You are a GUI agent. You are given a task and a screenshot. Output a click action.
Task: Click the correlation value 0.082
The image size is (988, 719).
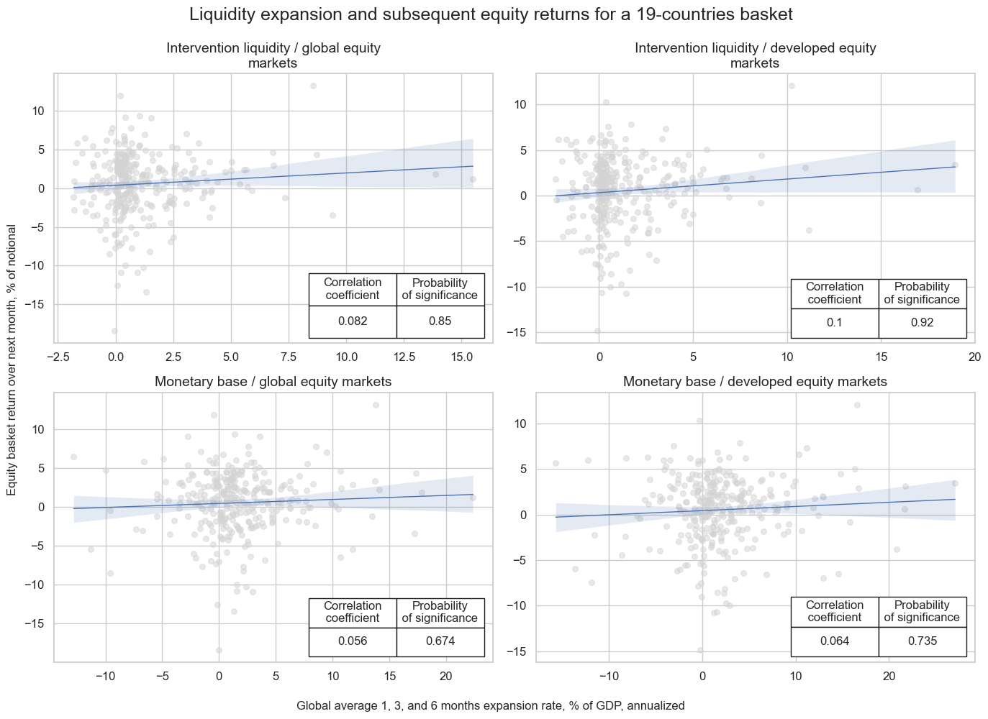point(353,321)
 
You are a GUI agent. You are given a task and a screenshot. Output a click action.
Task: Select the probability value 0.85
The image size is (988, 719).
point(440,321)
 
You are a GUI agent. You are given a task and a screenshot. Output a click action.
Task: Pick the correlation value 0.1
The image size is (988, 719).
point(834,322)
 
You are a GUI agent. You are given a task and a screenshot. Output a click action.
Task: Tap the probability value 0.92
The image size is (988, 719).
point(922,322)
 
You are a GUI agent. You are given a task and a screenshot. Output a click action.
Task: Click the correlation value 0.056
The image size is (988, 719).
point(353,641)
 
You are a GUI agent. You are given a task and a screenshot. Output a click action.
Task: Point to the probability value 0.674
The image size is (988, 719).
point(440,641)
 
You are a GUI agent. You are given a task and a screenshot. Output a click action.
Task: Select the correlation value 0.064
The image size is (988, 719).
point(834,641)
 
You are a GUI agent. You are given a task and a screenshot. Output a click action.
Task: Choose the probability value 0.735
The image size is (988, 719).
point(922,641)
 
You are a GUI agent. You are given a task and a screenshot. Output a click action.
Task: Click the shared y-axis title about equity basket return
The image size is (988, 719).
point(12,359)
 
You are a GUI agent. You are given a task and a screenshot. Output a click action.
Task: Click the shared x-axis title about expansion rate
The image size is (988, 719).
point(490,705)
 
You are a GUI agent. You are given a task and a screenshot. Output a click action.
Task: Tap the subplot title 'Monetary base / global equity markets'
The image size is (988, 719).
point(273,382)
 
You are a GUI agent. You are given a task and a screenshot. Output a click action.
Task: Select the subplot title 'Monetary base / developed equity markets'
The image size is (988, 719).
point(755,382)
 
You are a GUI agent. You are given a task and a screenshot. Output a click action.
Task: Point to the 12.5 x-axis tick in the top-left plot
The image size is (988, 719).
point(404,356)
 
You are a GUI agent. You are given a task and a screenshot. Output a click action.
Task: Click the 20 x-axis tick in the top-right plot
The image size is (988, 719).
point(974,356)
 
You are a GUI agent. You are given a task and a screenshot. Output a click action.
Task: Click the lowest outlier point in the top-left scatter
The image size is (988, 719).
point(114,331)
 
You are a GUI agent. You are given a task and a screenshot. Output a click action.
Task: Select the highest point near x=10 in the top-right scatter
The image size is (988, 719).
point(792,86)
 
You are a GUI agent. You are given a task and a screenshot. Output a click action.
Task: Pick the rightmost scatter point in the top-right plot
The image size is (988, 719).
point(955,165)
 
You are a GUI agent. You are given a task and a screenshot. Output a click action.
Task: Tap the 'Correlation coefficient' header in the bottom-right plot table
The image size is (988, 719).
point(834,611)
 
